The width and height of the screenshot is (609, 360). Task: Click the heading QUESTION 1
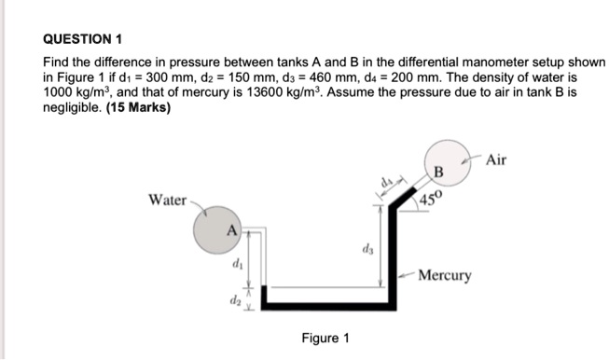83,40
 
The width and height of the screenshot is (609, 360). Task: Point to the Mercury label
445,275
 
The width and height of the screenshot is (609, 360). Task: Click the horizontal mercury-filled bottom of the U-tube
322,302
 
